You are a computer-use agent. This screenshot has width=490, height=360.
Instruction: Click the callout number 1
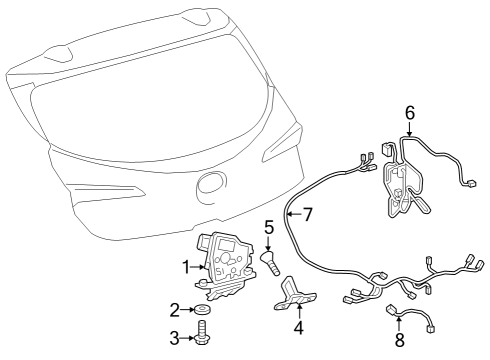click(186, 266)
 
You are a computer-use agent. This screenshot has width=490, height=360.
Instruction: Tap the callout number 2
click(174, 310)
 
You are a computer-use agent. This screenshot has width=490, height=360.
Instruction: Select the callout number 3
click(174, 338)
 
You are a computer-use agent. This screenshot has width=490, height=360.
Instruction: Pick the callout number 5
click(268, 227)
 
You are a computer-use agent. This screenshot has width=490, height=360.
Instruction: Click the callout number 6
click(409, 112)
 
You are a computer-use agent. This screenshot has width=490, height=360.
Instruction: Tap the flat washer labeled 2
click(204, 310)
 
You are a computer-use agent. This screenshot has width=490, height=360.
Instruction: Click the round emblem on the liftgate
click(210, 184)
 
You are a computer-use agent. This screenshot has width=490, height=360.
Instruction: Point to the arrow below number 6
click(409, 128)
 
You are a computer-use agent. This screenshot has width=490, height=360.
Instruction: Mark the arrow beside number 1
click(199, 266)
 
